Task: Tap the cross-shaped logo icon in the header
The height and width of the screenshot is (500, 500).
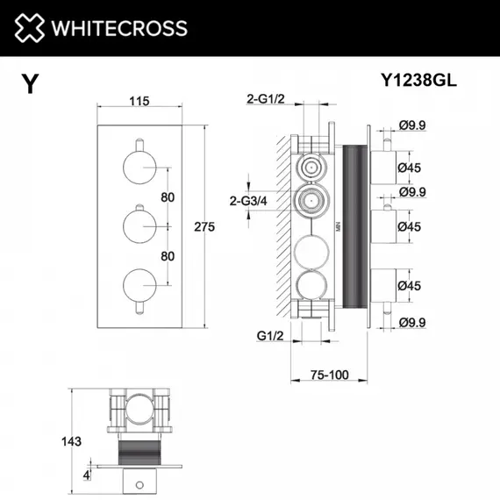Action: [29, 28]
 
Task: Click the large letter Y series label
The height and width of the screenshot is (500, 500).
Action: [30, 84]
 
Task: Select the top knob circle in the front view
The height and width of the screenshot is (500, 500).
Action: [139, 167]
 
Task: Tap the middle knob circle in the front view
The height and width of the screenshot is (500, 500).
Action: [139, 225]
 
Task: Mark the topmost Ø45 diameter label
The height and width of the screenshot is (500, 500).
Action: [411, 166]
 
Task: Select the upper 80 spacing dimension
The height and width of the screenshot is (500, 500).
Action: [168, 196]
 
